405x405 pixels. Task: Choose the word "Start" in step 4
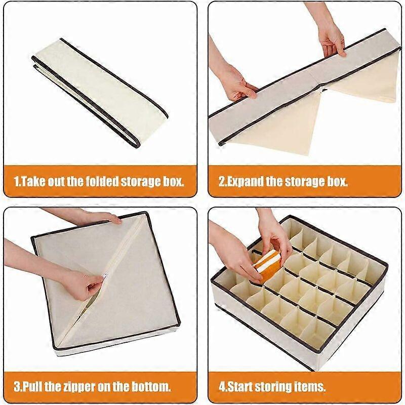[238, 387]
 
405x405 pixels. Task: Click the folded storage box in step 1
[100, 93]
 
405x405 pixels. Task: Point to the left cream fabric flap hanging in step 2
[280, 124]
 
